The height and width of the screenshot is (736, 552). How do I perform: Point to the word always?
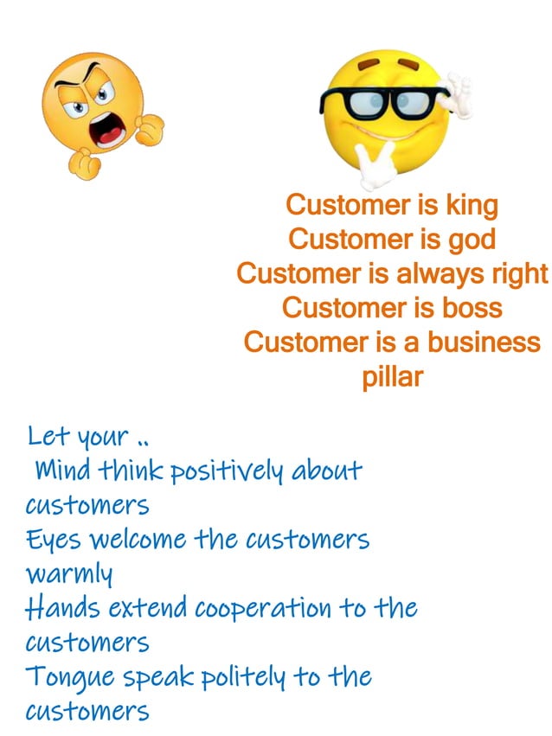point(434,274)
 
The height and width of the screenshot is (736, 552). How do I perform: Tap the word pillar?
point(392,377)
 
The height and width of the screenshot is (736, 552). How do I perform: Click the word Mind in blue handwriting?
point(62,471)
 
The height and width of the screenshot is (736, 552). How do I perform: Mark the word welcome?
point(138,541)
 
